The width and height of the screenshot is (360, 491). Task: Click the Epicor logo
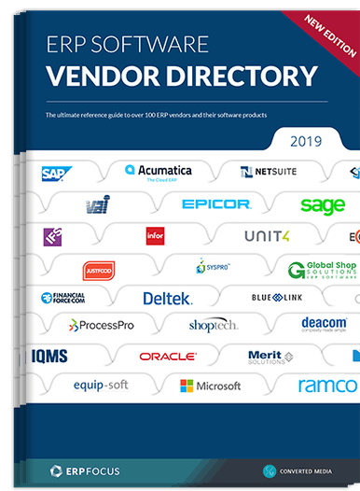pyautogui.click(x=215, y=203)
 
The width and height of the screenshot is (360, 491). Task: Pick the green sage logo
pyautogui.click(x=322, y=204)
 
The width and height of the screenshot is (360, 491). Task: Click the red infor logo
pyautogui.click(x=156, y=235)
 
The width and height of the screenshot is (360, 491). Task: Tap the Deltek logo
pyautogui.click(x=168, y=299)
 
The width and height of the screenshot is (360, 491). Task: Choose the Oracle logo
pyautogui.click(x=168, y=356)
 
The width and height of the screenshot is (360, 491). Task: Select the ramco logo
pyautogui.click(x=327, y=385)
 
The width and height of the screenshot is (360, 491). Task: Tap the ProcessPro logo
pyautogui.click(x=104, y=325)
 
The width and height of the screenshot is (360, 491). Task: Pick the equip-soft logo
pyautogui.click(x=102, y=385)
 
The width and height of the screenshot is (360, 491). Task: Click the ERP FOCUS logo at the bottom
pyautogui.click(x=86, y=470)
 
